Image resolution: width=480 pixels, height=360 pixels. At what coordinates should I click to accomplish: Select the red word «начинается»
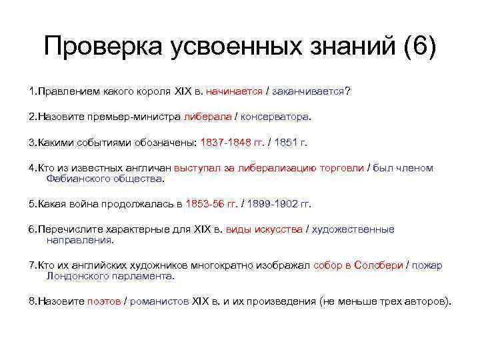[x=234, y=91]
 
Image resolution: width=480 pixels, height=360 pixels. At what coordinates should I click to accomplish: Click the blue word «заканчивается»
[x=308, y=91]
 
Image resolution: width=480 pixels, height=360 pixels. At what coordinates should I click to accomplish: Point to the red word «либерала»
[x=207, y=117]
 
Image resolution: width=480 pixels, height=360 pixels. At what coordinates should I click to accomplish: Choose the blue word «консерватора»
[x=274, y=117]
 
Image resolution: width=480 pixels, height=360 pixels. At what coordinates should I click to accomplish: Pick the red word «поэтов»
[x=104, y=301]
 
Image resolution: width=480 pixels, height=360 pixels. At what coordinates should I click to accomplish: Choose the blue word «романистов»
[x=159, y=301]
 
